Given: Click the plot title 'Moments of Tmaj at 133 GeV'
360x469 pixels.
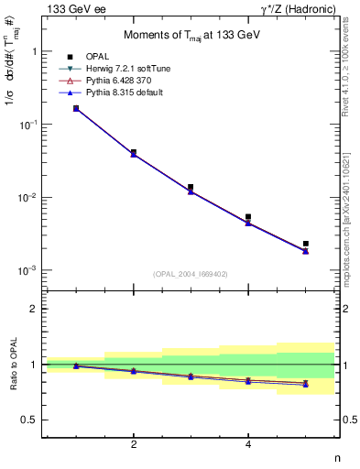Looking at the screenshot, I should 191,36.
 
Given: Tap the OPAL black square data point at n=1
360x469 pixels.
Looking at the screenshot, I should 75,108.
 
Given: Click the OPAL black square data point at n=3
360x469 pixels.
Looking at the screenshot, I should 191,187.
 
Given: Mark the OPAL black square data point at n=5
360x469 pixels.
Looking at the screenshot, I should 306,244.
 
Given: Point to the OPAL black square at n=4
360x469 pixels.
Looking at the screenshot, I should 248,217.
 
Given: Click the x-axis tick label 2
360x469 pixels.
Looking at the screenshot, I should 134,445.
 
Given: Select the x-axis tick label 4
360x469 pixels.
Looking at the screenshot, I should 248,445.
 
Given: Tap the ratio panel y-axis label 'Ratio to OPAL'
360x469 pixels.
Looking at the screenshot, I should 13,365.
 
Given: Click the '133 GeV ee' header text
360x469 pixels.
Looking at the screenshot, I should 74,8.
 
